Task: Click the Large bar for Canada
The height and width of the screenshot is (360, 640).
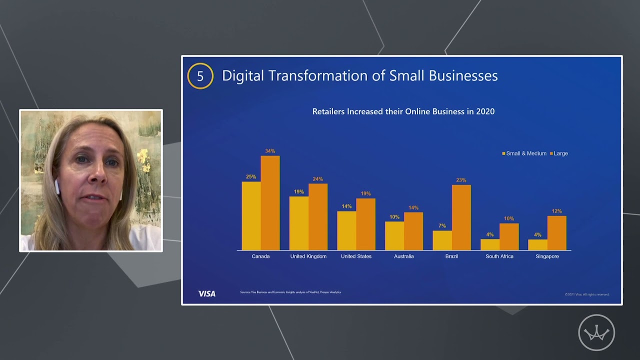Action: tap(270, 203)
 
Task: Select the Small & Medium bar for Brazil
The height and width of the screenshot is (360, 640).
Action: tap(442, 240)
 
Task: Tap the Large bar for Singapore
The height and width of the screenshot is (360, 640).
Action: tap(556, 233)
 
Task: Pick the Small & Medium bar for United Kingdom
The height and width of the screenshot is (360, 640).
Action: tap(298, 223)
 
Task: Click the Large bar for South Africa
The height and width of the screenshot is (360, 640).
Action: tap(509, 236)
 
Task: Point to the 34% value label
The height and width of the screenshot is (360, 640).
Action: tap(270, 151)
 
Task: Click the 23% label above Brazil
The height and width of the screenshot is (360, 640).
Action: tap(461, 180)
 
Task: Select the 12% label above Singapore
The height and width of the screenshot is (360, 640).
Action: tap(556, 211)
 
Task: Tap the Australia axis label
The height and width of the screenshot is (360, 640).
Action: tap(403, 256)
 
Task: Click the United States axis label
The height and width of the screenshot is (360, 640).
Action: tap(356, 256)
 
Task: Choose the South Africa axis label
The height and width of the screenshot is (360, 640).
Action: tap(499, 256)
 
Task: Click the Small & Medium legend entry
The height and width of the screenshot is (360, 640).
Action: tap(525, 153)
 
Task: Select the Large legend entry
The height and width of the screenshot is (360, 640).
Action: tap(560, 153)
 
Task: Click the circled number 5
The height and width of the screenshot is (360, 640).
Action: tap(200, 76)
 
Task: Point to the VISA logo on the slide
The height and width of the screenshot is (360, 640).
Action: tap(206, 293)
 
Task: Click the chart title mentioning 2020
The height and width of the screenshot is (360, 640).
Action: tap(403, 111)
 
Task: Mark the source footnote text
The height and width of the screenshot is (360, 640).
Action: tap(290, 292)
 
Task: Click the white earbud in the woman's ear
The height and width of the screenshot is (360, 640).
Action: tap(57, 187)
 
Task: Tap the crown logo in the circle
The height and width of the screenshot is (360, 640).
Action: tap(596, 332)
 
